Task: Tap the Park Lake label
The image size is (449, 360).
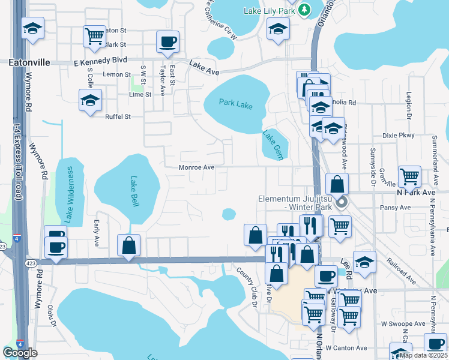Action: (x=235, y=104)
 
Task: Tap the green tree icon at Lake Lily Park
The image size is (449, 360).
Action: (x=304, y=10)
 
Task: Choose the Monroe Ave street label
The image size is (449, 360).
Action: (x=196, y=167)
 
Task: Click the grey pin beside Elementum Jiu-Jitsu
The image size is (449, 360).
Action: (x=342, y=203)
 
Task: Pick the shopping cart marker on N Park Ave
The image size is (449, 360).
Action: (x=409, y=176)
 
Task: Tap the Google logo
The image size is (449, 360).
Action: (x=20, y=353)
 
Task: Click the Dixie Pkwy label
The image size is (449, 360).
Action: (x=402, y=136)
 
